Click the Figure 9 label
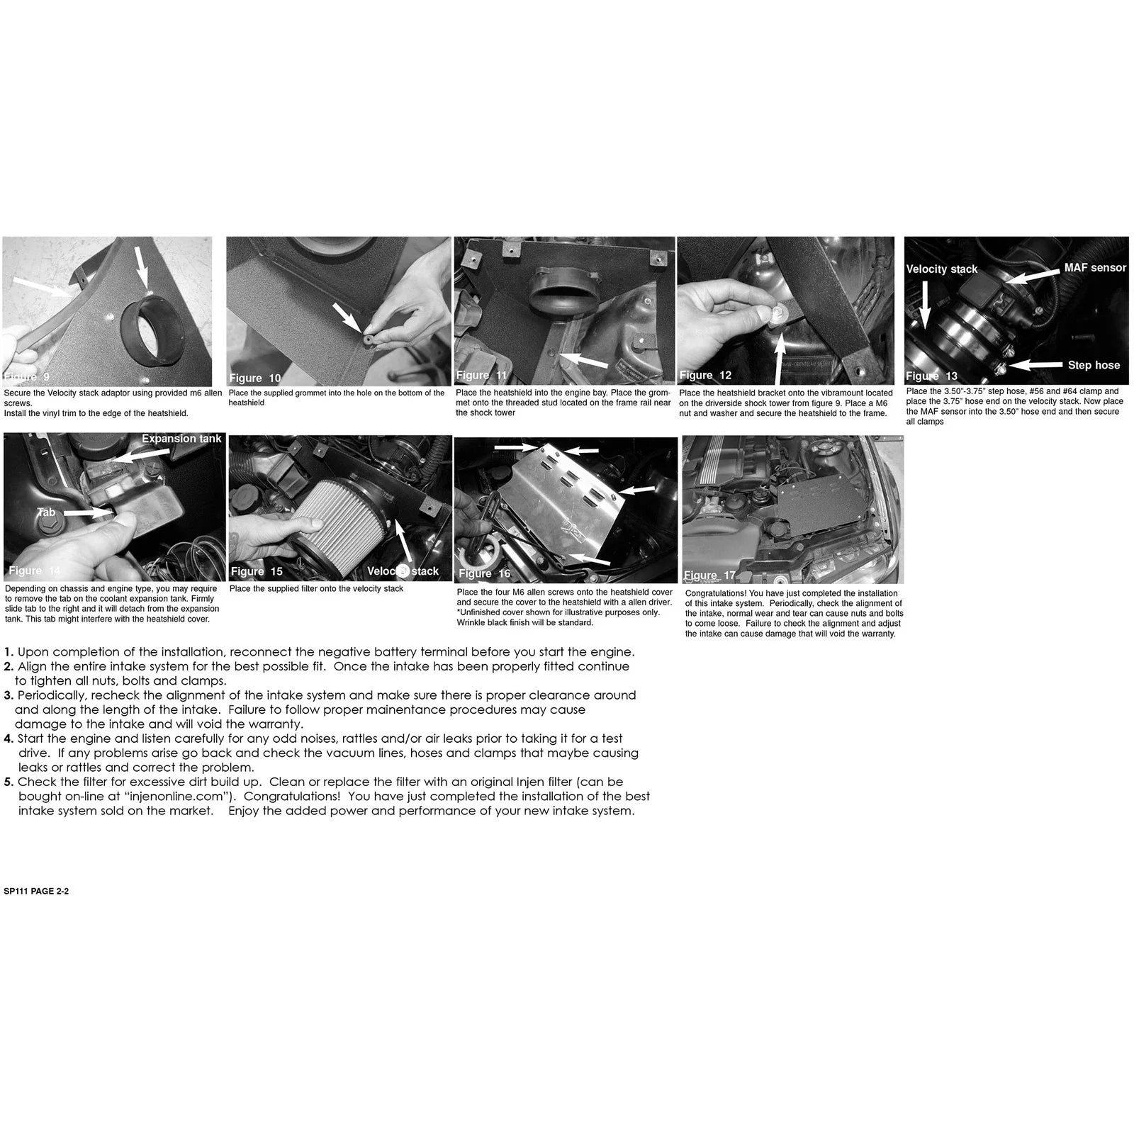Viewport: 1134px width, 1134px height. point(27,377)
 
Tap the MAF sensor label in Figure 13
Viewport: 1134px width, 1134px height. point(1095,267)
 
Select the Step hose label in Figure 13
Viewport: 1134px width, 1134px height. point(1094,365)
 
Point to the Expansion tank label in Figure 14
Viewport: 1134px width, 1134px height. point(181,439)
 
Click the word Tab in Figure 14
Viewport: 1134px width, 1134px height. point(46,512)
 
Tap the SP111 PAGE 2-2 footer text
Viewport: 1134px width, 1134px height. point(36,892)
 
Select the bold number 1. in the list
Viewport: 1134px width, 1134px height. point(9,652)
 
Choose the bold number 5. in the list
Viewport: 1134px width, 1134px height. point(9,782)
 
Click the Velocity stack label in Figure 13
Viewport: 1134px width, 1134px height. point(942,269)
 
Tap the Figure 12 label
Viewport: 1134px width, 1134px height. point(705,375)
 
